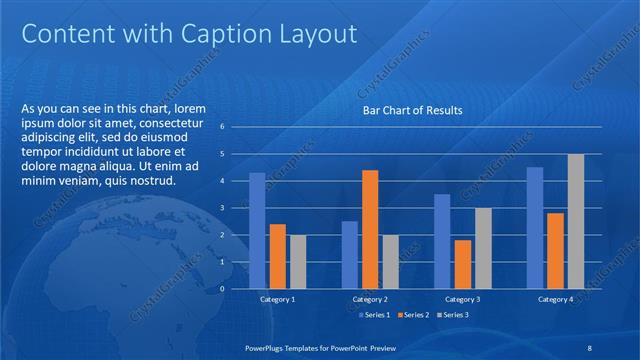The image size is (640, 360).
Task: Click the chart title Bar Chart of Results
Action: coord(412,111)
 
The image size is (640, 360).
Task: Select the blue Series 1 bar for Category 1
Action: coord(257,230)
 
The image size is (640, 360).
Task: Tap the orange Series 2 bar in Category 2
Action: coord(370,229)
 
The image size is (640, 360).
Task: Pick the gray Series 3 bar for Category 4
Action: coord(576,221)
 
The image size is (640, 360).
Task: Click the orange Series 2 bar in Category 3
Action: coord(462,264)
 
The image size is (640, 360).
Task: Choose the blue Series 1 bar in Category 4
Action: coord(535,227)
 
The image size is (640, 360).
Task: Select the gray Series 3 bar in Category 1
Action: coord(298,261)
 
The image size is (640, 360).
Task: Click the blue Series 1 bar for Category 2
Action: coord(349,254)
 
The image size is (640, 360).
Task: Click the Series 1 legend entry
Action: coord(374,316)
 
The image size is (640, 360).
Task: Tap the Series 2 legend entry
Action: coord(413,316)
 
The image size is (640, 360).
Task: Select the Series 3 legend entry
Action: coord(452,316)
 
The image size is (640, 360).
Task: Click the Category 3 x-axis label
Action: coord(462,299)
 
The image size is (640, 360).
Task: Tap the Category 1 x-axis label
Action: coord(277,299)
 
